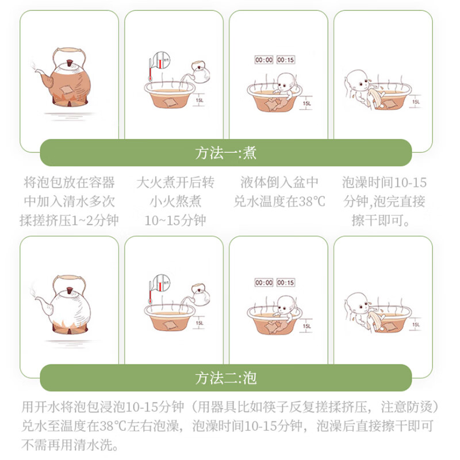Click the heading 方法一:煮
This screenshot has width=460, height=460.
(x=225, y=153)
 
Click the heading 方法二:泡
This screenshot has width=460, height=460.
(x=225, y=378)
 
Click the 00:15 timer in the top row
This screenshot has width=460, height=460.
(x=285, y=60)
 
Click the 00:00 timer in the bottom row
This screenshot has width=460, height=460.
(x=264, y=282)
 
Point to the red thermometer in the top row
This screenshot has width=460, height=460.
(x=150, y=70)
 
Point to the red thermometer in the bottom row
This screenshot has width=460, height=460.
(x=150, y=293)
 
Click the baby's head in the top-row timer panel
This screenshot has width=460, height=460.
(x=286, y=82)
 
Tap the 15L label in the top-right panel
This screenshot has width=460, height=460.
(x=416, y=102)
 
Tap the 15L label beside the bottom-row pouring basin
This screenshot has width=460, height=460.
(x=200, y=323)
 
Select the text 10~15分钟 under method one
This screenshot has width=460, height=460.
(x=175, y=220)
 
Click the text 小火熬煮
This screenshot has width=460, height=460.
(x=175, y=202)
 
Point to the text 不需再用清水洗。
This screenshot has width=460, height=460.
(x=70, y=444)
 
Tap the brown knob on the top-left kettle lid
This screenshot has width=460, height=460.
(x=70, y=63)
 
